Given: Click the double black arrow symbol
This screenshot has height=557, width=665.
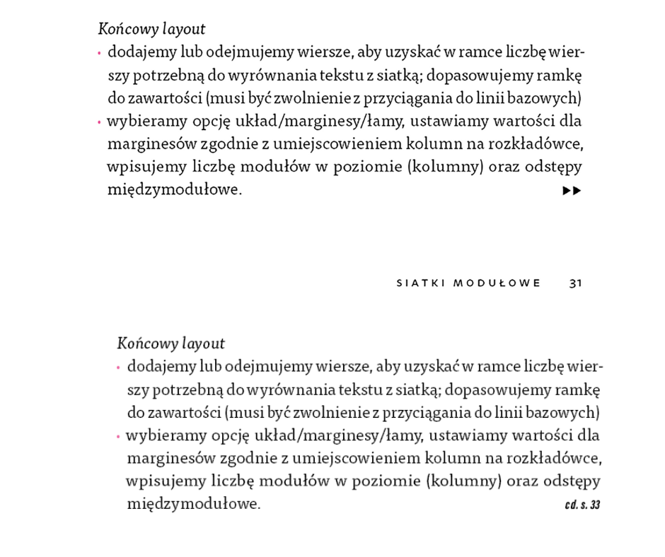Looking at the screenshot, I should (572, 191).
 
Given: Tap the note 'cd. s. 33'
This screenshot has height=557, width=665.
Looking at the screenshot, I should (583, 505).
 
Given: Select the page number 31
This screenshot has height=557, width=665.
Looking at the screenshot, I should (575, 283).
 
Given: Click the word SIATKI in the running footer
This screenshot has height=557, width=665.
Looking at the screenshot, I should (420, 283).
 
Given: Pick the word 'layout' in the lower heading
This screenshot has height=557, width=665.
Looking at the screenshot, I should (202, 344).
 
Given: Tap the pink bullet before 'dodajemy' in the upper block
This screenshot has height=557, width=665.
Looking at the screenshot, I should (100, 52).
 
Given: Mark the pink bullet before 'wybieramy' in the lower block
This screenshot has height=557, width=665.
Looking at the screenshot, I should (118, 436).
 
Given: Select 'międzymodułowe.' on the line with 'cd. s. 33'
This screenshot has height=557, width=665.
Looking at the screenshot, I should (193, 505).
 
